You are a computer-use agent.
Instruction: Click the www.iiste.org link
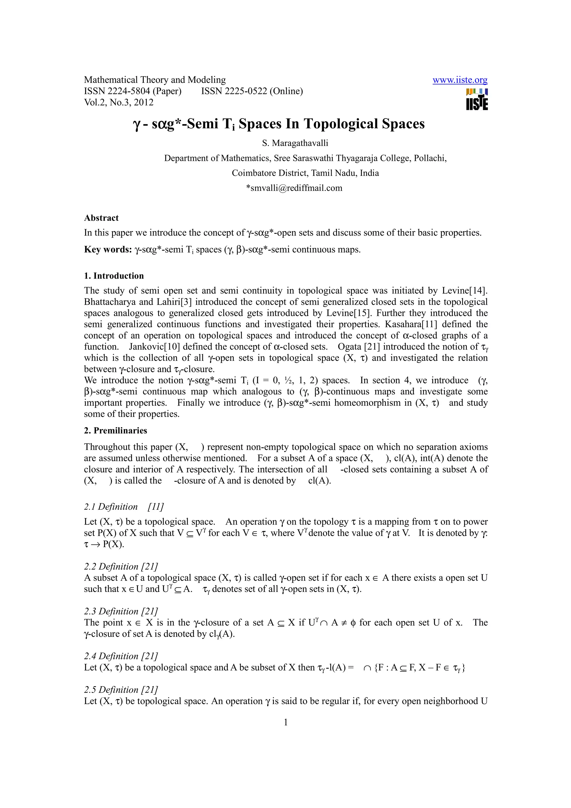[459, 80]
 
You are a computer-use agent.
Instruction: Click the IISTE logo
[477, 100]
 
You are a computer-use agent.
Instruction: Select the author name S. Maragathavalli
[295, 143]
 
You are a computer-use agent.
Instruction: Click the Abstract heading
[101, 218]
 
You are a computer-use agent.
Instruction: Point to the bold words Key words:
[108, 250]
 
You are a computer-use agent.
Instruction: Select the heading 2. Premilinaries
[115, 430]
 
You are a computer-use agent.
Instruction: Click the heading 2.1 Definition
[111, 507]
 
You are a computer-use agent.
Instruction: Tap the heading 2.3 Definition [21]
[121, 611]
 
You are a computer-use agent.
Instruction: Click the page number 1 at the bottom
[286, 722]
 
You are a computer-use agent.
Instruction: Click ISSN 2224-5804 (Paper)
[133, 91]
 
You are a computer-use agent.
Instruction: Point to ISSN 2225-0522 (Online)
[252, 91]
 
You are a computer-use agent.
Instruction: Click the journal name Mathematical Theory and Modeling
[155, 80]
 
